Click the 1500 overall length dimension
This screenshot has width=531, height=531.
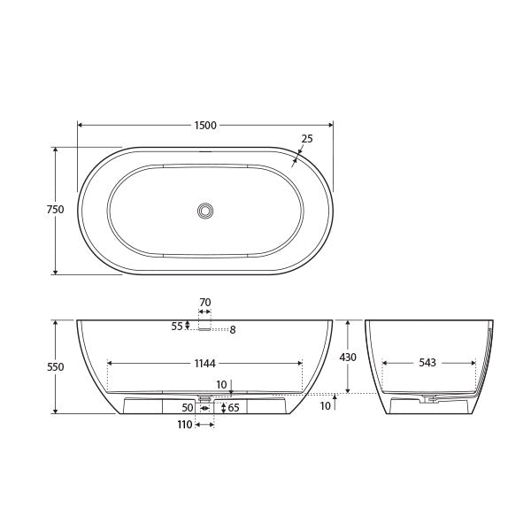coord(205,126)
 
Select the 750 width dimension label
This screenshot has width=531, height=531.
coord(55,210)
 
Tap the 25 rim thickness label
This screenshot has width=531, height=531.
coord(307,139)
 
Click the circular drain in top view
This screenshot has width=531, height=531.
coord(205,211)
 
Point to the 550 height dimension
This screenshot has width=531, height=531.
coord(55,366)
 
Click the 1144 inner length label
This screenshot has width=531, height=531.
coord(205,362)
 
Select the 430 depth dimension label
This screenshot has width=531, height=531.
coord(348,358)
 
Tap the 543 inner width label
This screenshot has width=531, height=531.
coord(428,363)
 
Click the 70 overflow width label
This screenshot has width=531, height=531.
coord(204,303)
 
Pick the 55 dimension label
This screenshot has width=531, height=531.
coord(177,326)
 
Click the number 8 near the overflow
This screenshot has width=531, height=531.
coord(233,330)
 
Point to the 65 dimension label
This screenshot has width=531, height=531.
coord(234,408)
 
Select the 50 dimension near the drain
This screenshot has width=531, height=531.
coord(188,408)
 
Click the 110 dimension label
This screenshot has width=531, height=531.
coord(184,426)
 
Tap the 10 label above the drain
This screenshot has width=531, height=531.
coord(221,385)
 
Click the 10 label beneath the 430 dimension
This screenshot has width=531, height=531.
coord(326,406)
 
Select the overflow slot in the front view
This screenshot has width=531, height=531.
coord(204,329)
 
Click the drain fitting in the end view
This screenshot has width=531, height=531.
coord(431,400)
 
